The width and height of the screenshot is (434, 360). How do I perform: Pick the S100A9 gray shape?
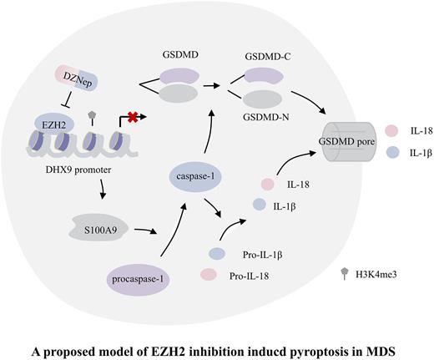(90, 224)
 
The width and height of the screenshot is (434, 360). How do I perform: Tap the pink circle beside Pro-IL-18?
(209, 273)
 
